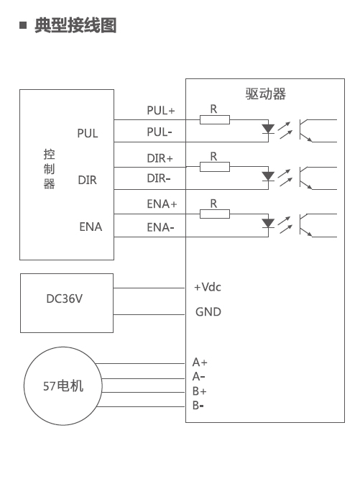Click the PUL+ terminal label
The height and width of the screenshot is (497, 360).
coord(161,111)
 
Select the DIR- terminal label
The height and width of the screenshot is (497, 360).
coord(159,178)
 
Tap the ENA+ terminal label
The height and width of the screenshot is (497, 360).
coord(162,204)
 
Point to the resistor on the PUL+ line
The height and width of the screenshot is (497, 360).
coord(215,120)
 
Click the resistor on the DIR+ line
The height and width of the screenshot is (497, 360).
coord(215,167)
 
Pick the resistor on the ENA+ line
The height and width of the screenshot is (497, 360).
coord(215,214)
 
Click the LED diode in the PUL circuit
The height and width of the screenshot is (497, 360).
coord(268,129)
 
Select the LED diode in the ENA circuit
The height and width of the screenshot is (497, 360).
coord(268,224)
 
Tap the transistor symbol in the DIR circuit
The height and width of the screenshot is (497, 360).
coord(306,178)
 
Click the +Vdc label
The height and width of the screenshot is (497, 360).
coord(208,287)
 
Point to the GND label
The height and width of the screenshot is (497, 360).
coord(208,312)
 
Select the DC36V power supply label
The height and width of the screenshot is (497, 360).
coord(64,298)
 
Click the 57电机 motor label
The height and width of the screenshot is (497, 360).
coord(63,386)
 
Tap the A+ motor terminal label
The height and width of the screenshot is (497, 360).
coord(200,362)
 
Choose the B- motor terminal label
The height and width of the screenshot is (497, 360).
coord(198,406)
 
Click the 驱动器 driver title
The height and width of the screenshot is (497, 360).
coord(266,94)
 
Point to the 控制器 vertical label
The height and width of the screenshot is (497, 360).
coord(49,169)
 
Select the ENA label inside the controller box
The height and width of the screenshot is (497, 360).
coord(91,227)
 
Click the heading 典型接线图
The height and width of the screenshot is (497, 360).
coord(75,25)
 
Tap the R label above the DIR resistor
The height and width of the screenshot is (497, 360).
coord(213,156)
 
